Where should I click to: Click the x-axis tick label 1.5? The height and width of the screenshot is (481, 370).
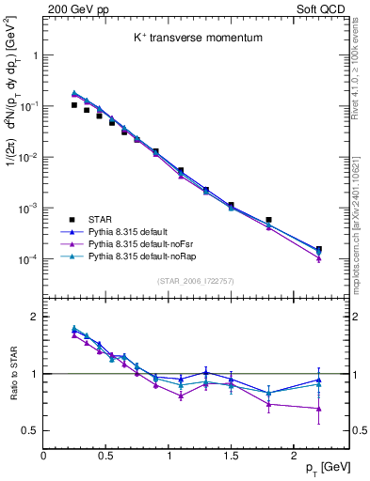pyautogui.click(x=231, y=455)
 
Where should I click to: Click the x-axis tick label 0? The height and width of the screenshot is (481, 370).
pyautogui.click(x=43, y=455)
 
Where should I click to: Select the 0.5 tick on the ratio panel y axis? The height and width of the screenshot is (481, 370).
pyautogui.click(x=30, y=430)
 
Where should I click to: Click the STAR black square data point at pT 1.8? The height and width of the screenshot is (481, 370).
pyautogui.click(x=268, y=220)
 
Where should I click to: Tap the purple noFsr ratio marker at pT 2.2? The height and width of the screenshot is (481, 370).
pyautogui.click(x=319, y=409)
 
